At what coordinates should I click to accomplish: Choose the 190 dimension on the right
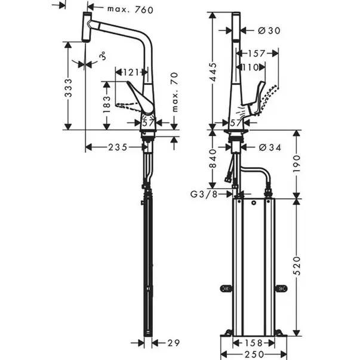point(297,162)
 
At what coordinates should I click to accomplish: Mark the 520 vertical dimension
point(297,263)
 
